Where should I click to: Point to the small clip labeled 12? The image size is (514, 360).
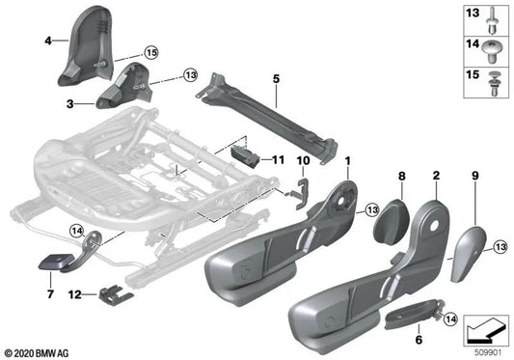click(x=117, y=291)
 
